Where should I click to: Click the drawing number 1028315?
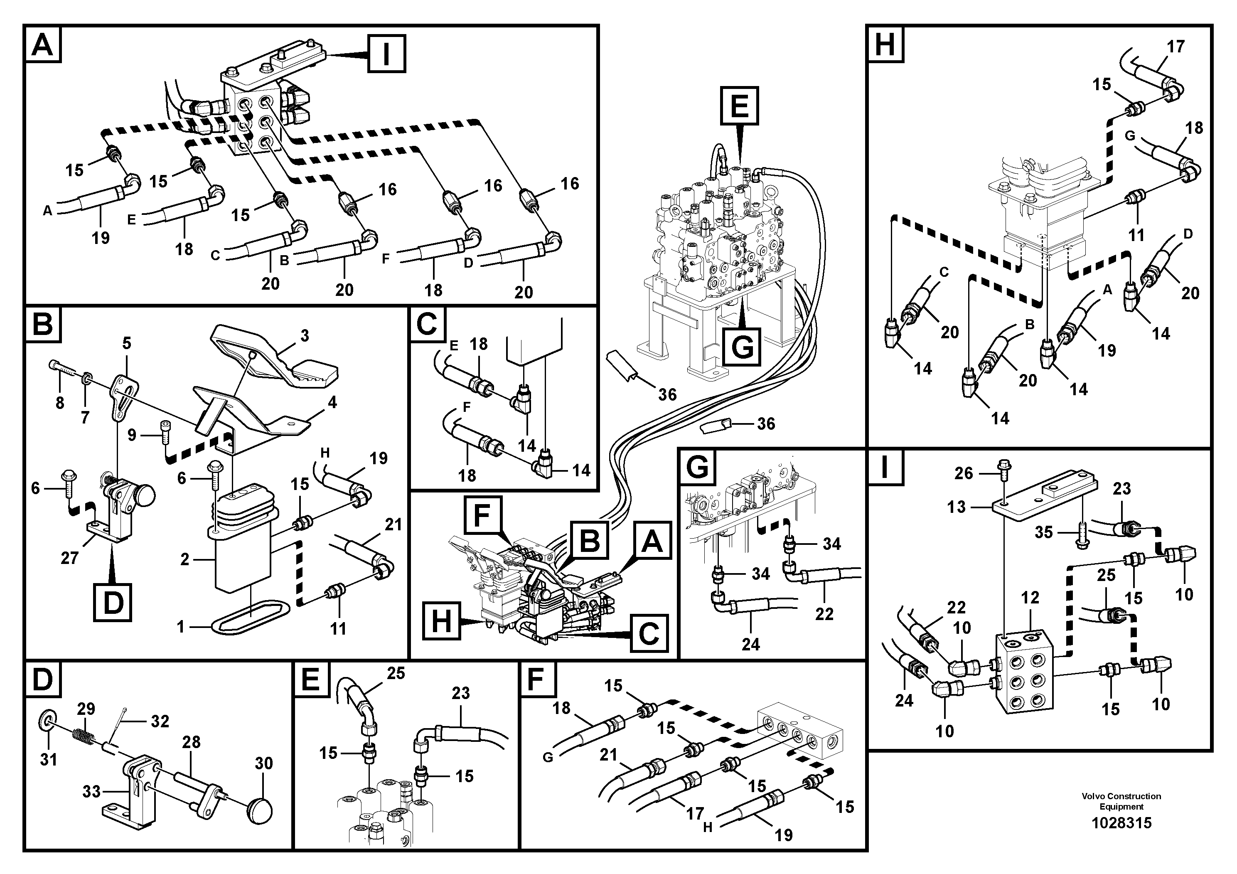coord(1121,823)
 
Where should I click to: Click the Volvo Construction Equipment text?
coord(1121,801)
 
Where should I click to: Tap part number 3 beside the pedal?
coord(305,336)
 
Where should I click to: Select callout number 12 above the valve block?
coord(1030,598)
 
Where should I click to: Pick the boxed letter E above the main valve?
coord(740,106)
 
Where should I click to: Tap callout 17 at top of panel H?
coord(1176,47)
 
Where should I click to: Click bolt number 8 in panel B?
coord(60,403)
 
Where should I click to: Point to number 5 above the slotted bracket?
coord(127,343)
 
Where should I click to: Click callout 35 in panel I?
coord(1044,532)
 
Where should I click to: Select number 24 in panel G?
coord(750,644)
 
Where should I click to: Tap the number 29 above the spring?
coord(86,709)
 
